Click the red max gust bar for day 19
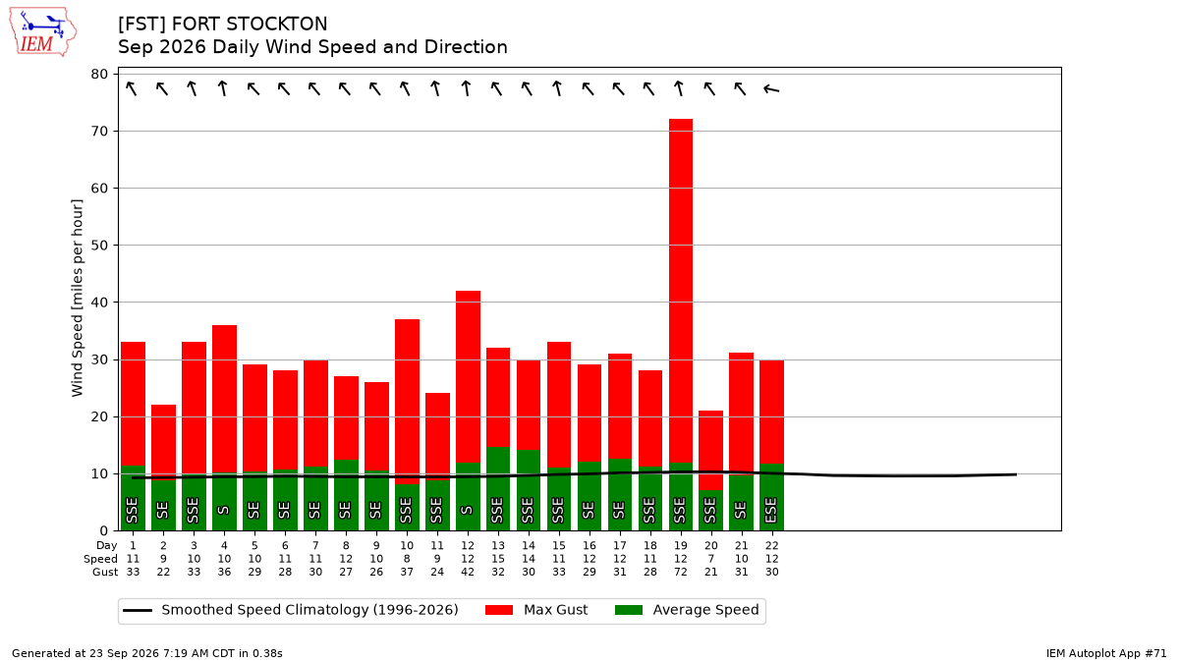click(x=681, y=291)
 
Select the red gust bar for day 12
click(x=468, y=376)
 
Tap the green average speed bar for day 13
click(x=498, y=488)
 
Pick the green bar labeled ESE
click(x=771, y=497)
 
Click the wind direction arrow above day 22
click(x=771, y=89)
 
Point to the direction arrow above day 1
click(x=132, y=88)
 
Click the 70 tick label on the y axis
click(x=99, y=131)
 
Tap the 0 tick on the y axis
click(x=104, y=530)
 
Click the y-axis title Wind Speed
click(x=77, y=298)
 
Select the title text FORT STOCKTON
click(x=250, y=24)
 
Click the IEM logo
click(x=42, y=32)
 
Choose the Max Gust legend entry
click(x=536, y=610)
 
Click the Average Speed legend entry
click(x=687, y=610)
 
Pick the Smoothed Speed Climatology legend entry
click(x=291, y=610)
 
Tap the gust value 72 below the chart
click(x=681, y=572)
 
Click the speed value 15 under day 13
click(x=498, y=559)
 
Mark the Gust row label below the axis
click(x=105, y=572)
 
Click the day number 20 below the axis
click(x=711, y=546)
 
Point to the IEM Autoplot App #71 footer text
click(x=1106, y=653)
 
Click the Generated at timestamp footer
click(x=146, y=653)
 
